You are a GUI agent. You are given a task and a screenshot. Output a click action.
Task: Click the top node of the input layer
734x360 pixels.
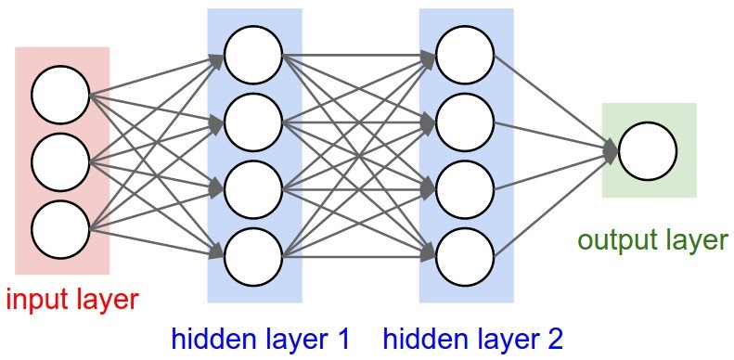60,95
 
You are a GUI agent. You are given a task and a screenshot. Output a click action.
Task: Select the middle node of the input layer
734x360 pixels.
60,161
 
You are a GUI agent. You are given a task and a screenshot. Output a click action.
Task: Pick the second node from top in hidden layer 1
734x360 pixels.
252,120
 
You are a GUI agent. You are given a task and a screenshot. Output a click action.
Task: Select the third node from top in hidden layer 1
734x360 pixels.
252,186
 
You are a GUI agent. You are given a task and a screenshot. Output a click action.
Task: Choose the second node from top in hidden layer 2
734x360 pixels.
465,120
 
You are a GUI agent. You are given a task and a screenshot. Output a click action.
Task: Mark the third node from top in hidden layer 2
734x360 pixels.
465,186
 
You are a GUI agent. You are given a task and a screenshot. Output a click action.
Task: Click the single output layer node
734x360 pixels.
648,151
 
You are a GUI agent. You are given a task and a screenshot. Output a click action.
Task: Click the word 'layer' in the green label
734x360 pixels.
695,241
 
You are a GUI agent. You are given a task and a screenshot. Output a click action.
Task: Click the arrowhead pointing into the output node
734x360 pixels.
610,150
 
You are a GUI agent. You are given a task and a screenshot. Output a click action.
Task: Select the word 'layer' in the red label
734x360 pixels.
107,301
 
